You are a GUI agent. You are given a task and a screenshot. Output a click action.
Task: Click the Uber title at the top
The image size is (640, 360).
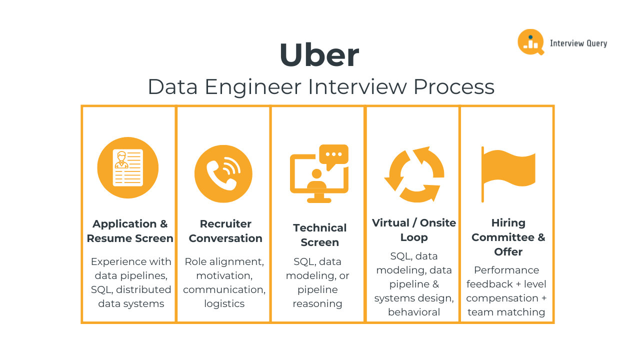click(319, 54)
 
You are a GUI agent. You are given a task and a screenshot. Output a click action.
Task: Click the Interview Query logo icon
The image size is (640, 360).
click(530, 42)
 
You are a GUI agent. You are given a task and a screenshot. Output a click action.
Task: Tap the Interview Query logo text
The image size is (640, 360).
click(578, 43)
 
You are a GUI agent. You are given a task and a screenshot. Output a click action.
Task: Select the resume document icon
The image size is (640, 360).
click(127, 167)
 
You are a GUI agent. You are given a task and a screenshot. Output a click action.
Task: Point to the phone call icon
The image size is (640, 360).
click(223, 173)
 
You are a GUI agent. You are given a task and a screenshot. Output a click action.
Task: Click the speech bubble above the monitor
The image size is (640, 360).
click(333, 153)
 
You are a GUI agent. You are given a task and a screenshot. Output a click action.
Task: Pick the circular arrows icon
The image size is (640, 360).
click(414, 174)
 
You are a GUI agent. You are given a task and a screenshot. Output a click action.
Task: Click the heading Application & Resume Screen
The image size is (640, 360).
click(130, 231)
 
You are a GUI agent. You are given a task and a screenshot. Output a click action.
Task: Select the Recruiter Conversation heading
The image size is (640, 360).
click(225, 231)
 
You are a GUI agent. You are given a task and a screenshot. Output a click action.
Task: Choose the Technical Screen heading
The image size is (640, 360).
click(319, 235)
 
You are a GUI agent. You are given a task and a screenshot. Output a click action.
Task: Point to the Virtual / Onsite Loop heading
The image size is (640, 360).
click(414, 229)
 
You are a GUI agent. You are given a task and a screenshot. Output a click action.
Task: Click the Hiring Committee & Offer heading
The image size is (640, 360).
click(508, 237)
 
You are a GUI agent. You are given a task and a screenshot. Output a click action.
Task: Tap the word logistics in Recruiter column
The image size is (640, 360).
click(224, 303)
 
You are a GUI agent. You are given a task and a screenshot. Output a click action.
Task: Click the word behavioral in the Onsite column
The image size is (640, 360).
click(414, 312)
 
